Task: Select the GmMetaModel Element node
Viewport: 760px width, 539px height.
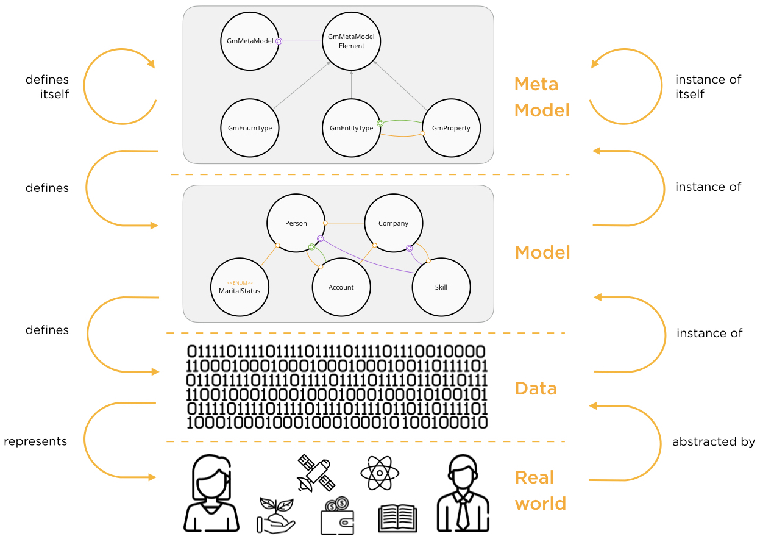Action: coord(352,41)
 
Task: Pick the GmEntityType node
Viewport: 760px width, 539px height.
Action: coord(352,128)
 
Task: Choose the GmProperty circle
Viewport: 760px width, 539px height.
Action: coord(452,128)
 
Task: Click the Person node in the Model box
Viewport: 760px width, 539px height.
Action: coord(296,223)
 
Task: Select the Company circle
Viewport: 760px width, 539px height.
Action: coord(393,223)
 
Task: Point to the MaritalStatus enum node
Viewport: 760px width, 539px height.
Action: coord(240,288)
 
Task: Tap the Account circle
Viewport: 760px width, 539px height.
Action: coord(341,287)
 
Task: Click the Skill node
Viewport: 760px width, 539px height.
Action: coord(441,287)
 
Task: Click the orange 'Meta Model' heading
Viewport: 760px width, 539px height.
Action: coord(542,97)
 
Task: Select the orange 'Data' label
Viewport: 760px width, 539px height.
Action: coord(536,388)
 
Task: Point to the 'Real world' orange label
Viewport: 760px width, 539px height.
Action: coord(541,490)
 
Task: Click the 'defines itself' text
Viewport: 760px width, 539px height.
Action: coord(47,87)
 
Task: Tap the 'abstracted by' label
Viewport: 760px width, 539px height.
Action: coord(713,442)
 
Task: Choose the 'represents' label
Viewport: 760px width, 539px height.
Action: coord(35,441)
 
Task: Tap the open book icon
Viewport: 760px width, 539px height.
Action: coord(397,518)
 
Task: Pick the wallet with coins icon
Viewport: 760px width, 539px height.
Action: coord(338,516)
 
